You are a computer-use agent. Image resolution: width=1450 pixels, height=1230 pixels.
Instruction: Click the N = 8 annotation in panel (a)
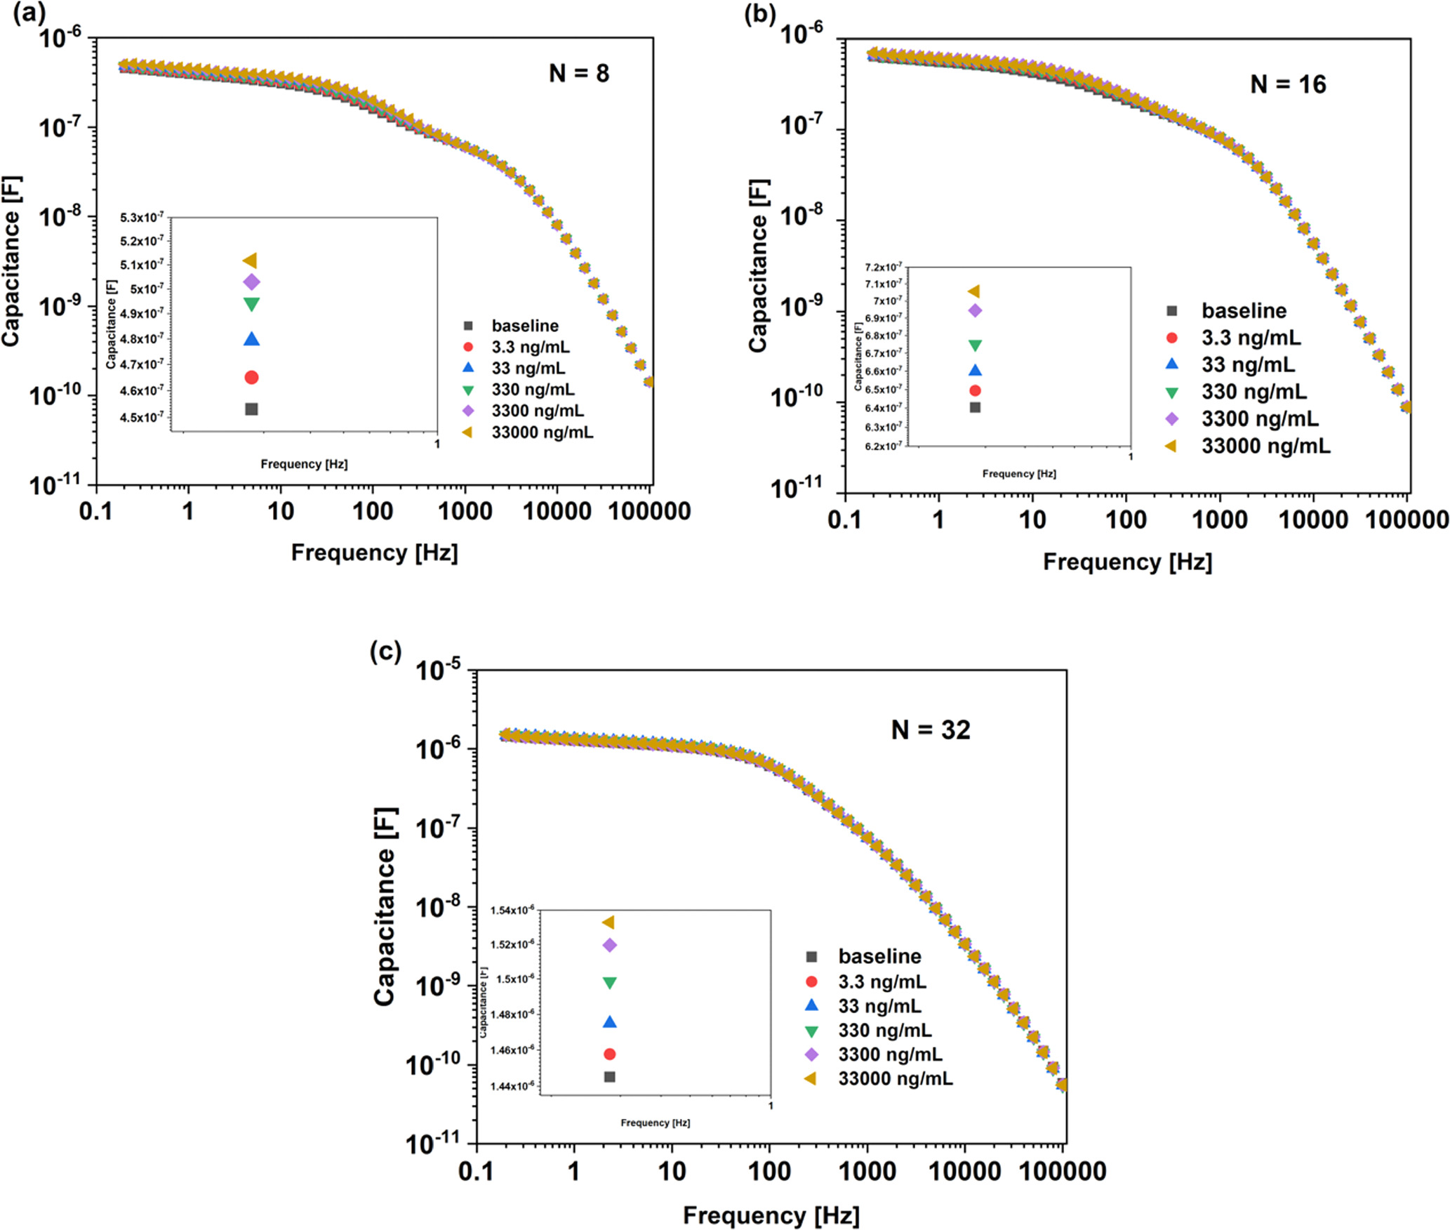(x=578, y=73)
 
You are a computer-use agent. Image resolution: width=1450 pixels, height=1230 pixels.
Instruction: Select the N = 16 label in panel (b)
(x=1288, y=84)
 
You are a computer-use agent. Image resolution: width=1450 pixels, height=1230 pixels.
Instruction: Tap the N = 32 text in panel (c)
(x=931, y=730)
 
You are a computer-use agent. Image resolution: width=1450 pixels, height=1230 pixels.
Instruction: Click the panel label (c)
(x=385, y=652)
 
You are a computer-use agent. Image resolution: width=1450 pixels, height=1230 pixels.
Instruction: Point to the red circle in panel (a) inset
(x=251, y=378)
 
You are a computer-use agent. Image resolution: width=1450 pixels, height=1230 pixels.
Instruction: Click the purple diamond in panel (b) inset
(x=975, y=310)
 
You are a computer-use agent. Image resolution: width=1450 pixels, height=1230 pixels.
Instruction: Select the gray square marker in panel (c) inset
(x=609, y=1076)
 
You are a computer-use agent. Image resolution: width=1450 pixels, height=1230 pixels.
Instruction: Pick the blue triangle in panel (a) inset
(x=251, y=339)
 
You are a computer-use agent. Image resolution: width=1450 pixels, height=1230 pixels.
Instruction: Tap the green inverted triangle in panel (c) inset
(x=609, y=983)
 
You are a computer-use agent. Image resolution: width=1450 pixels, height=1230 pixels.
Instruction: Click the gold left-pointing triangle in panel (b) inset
(x=974, y=291)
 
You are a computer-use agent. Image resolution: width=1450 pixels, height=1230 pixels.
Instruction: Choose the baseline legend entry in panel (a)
(x=524, y=326)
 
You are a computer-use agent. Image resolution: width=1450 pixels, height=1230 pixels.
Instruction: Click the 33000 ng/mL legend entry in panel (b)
(x=1265, y=446)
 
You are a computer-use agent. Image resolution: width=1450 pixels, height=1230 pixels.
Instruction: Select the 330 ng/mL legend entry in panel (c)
(x=884, y=1030)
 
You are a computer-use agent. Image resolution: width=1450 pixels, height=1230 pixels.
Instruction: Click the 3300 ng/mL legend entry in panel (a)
(x=537, y=411)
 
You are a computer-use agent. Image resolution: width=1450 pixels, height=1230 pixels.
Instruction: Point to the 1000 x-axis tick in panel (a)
(x=465, y=511)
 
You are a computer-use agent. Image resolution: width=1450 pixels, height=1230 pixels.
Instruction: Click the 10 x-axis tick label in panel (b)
(x=1032, y=520)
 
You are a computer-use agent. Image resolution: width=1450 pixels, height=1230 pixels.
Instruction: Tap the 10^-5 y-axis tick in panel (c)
(x=439, y=671)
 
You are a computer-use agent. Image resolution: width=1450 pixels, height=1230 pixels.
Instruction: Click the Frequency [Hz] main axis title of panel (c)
(x=771, y=1215)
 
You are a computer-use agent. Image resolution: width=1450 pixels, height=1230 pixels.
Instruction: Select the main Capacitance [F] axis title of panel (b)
(x=758, y=265)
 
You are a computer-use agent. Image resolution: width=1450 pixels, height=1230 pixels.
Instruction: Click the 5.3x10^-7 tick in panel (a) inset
(x=142, y=218)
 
